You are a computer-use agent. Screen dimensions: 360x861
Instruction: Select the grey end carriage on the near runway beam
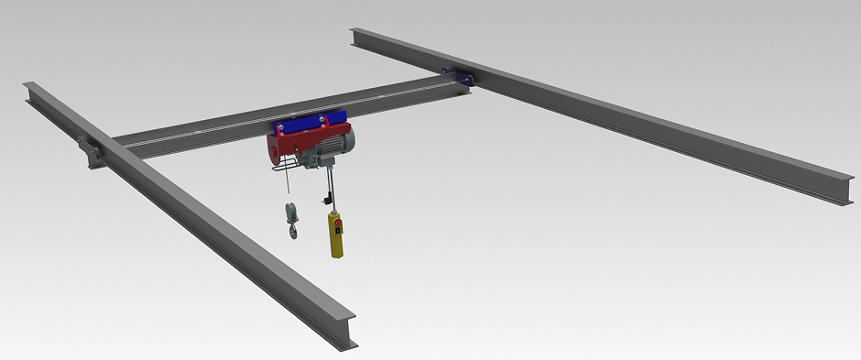click(x=93, y=150)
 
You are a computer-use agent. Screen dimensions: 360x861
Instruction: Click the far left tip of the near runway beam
click(x=27, y=87)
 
